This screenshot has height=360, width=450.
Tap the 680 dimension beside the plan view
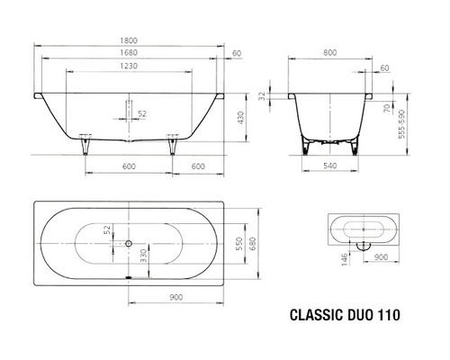point(254,242)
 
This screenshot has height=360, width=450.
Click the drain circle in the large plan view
point(128,242)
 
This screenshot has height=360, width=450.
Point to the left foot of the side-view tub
point(86,143)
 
